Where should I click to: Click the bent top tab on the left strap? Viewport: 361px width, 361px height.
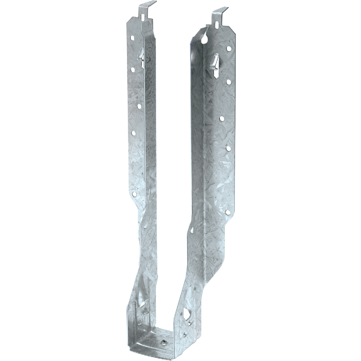[148, 7]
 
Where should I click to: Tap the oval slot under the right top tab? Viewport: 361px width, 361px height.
[217, 24]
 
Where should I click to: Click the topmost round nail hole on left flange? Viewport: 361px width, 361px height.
[132, 38]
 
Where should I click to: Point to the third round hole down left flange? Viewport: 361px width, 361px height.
[139, 106]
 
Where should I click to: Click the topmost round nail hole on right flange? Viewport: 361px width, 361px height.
[229, 48]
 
